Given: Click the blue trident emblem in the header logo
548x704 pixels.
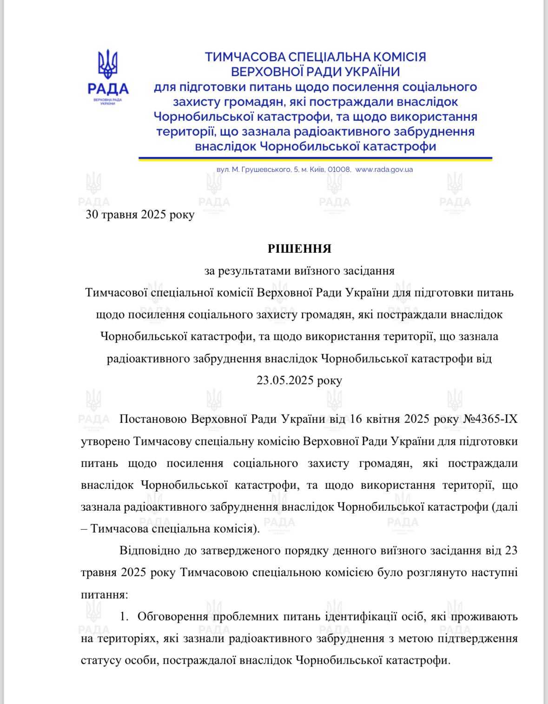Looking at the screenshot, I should click(x=108, y=64).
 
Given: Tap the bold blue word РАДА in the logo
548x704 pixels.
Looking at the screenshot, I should click(x=108, y=88).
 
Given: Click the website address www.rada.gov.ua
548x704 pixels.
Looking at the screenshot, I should click(x=384, y=170).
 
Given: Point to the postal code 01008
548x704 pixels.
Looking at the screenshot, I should click(x=339, y=170).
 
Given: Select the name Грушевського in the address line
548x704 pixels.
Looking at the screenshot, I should click(x=264, y=170).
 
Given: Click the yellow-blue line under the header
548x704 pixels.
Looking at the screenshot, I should click(x=315, y=159).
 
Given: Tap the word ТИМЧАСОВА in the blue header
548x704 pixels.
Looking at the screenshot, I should click(x=245, y=57).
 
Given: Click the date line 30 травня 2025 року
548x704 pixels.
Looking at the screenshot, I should click(x=140, y=215).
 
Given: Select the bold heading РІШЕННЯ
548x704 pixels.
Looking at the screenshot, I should click(x=299, y=249).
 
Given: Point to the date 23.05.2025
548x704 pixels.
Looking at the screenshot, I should click(x=285, y=381).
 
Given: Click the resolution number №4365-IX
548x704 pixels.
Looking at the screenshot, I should click(x=490, y=419).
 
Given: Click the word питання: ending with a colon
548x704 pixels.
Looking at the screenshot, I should click(x=104, y=595).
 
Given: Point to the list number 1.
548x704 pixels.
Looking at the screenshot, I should click(x=124, y=617).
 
